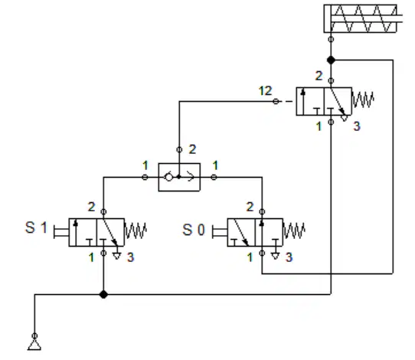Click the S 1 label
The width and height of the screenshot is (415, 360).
[36, 227]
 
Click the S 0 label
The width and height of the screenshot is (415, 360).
[194, 230]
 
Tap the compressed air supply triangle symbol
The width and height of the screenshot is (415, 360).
[34, 345]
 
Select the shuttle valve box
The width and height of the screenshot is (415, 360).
[179, 177]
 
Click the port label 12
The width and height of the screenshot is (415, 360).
[265, 91]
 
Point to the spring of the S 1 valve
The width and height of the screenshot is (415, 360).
[136, 231]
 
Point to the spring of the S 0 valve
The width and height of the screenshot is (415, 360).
[294, 231]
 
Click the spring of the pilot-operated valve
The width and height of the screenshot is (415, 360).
[363, 100]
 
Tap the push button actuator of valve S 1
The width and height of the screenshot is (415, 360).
[61, 232]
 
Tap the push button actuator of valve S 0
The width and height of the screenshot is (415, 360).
[220, 232]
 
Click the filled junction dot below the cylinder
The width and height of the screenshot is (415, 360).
[331, 60]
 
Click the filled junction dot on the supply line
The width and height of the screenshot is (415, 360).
[103, 294]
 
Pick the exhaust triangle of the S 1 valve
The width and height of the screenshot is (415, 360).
[116, 256]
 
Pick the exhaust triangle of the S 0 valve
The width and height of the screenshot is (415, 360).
[275, 256]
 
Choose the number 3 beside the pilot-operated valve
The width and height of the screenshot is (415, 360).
[357, 126]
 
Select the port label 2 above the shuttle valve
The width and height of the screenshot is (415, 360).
[192, 149]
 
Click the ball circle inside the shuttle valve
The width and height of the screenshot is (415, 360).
[168, 177]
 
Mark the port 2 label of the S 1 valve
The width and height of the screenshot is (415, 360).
[91, 207]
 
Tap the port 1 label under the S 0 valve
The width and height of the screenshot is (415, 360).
[250, 257]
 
